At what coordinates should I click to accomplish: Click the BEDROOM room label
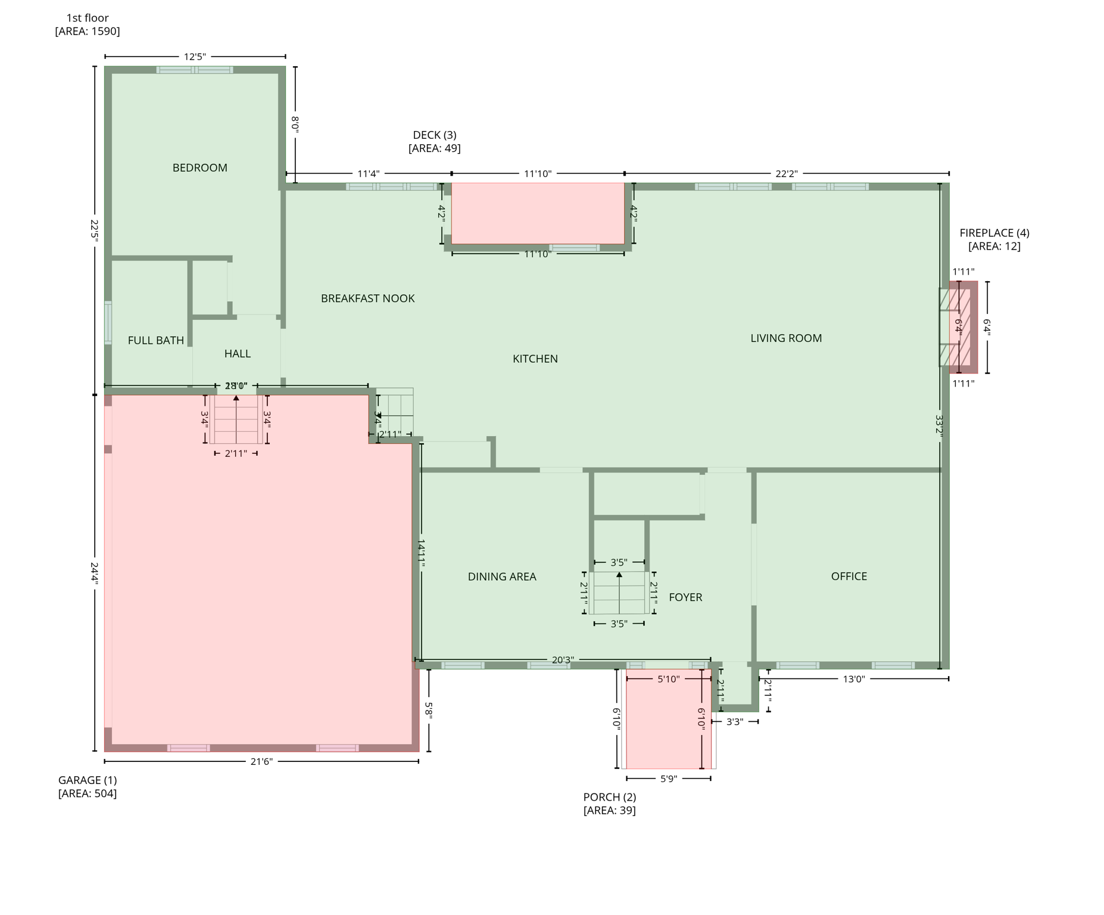(x=199, y=168)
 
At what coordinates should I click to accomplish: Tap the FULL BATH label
(x=155, y=340)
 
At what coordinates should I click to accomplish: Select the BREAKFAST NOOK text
(x=367, y=298)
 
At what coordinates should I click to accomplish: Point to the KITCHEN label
(x=535, y=359)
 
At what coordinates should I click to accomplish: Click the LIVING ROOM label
(x=785, y=338)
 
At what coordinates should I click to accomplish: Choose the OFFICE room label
(x=849, y=576)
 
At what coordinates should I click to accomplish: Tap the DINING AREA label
(x=501, y=577)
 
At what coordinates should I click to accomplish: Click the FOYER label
(x=685, y=597)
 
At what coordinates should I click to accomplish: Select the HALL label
(x=237, y=354)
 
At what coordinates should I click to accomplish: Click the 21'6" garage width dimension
(x=261, y=761)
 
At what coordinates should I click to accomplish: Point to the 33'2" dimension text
(x=939, y=427)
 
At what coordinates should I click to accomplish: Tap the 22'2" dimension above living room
(x=786, y=174)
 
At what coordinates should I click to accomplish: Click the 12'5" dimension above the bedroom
(x=195, y=57)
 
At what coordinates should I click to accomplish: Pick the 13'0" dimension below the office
(x=853, y=679)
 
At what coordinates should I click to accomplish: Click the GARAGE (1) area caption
(x=88, y=786)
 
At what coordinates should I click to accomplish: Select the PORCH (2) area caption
(x=609, y=803)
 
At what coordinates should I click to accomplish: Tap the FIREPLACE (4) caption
(x=994, y=239)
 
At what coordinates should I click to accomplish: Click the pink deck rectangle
(x=537, y=213)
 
